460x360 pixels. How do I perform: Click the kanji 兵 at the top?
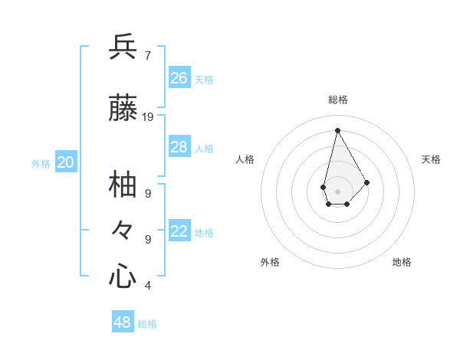(123, 47)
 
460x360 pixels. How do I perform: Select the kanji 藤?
(123, 109)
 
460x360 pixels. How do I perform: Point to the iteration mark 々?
(123, 229)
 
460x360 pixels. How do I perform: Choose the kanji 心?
(123, 276)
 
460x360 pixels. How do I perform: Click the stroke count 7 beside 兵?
(147, 55)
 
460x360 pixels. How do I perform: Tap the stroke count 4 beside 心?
(147, 286)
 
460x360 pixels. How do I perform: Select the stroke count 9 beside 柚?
(147, 193)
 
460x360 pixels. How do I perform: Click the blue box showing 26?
(179, 78)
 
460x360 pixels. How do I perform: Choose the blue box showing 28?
(179, 147)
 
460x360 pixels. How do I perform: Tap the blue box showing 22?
(179, 231)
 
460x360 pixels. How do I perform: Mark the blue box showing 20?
(66, 162)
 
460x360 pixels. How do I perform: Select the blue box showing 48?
(123, 322)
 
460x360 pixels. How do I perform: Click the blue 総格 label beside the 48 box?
(147, 324)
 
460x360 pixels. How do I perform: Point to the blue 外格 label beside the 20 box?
(41, 163)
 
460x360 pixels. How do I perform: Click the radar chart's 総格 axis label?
(338, 100)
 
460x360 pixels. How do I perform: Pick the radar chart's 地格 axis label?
(402, 262)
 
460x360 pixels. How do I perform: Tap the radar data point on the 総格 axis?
(337, 130)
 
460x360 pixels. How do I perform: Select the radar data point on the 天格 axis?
(367, 182)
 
